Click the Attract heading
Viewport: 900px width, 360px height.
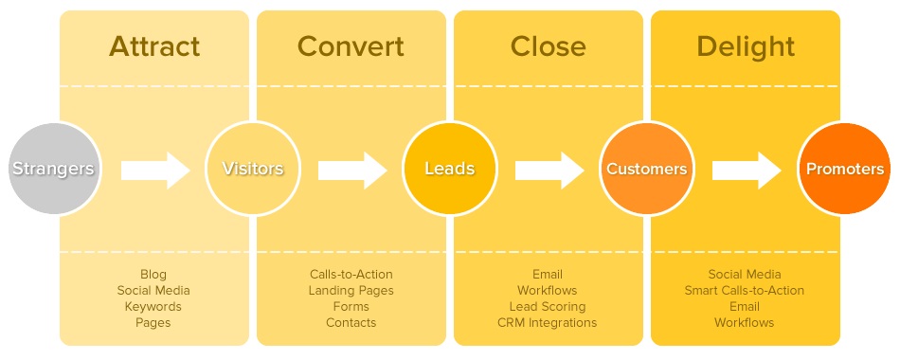click(154, 45)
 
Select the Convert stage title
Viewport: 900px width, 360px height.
click(351, 45)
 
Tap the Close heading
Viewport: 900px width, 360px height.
click(548, 45)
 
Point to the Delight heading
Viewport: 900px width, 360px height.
click(744, 45)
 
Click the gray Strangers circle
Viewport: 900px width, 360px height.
click(53, 170)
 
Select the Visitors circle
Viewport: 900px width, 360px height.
click(252, 170)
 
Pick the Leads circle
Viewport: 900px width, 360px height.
click(449, 170)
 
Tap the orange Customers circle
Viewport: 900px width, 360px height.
click(646, 170)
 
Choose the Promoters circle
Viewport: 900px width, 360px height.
click(843, 170)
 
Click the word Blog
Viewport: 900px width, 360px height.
click(153, 275)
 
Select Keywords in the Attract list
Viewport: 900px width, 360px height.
click(153, 307)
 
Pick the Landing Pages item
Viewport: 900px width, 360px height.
click(351, 291)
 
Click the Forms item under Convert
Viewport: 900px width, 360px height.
click(351, 307)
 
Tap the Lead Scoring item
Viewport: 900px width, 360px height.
click(548, 307)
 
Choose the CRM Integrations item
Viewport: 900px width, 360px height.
click(548, 323)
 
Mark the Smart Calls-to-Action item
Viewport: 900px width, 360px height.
click(744, 291)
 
